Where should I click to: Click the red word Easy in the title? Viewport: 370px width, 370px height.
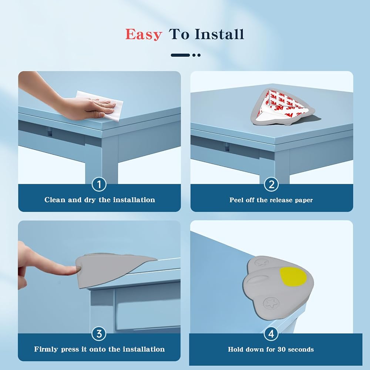(144, 34)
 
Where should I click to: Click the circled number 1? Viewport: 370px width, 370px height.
(99, 184)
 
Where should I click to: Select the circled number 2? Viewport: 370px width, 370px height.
(271, 184)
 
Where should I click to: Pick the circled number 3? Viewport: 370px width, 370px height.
(99, 334)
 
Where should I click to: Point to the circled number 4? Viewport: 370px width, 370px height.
(271, 334)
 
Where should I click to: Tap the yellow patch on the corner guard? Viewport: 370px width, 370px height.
(293, 276)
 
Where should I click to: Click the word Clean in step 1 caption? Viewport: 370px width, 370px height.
(55, 200)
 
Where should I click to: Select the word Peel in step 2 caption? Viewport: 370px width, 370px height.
(237, 200)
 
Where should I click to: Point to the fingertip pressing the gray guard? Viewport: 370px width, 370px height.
(76, 269)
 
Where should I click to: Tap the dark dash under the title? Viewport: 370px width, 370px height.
(180, 55)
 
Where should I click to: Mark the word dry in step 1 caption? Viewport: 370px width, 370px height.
(90, 200)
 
